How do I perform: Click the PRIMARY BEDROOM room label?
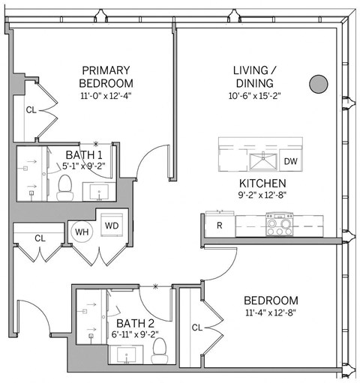point(107,76)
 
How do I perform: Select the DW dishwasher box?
point(290,161)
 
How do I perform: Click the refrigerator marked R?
point(220,224)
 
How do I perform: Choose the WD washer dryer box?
point(112,225)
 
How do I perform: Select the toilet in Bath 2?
point(159,347)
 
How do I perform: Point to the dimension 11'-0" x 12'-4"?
point(107,95)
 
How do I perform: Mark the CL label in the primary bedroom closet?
point(31,109)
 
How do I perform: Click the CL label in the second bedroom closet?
point(196,327)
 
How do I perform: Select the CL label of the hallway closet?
point(40,238)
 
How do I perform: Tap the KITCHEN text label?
point(261,184)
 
